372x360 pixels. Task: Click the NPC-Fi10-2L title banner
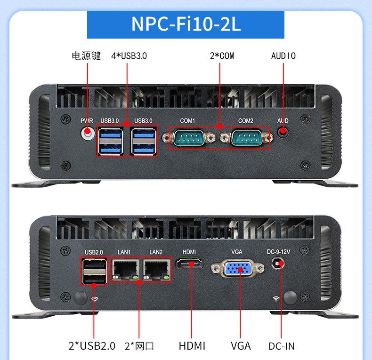186,24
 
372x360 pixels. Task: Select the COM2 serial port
245,138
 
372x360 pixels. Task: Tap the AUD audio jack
283,133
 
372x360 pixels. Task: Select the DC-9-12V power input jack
281,264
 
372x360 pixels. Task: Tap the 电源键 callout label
86,56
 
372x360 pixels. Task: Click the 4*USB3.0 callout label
129,56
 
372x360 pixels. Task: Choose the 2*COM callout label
222,56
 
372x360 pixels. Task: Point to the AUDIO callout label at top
283,56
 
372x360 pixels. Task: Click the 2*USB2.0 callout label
92,346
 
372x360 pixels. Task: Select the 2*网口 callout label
139,346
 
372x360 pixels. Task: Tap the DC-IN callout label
282,346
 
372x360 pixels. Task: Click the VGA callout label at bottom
241,346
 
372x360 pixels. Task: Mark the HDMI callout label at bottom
192,346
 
